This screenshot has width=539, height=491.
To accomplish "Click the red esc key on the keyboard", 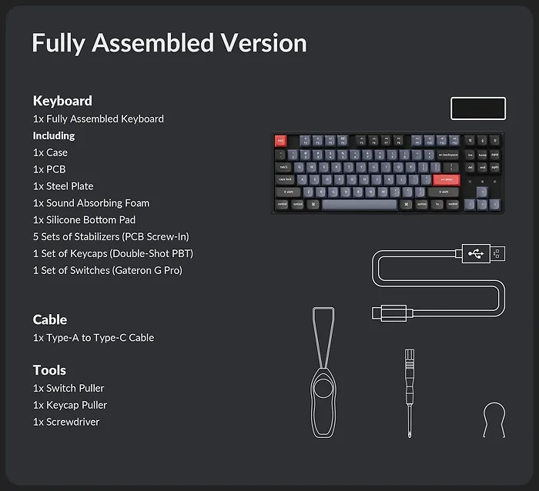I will (x=280, y=141).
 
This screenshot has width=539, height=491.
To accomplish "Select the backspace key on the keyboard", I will (x=447, y=155).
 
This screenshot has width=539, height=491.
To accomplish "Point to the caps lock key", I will (x=286, y=179).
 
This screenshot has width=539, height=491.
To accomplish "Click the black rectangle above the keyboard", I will (x=477, y=109).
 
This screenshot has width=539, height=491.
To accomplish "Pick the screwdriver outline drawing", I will (x=410, y=392).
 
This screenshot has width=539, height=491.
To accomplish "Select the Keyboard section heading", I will (x=62, y=101).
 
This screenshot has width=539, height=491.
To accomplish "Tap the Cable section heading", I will (x=50, y=319).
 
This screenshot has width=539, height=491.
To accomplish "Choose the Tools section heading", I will (x=49, y=370).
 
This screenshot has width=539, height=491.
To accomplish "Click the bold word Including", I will (x=54, y=135).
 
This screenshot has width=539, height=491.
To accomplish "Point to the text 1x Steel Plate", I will (x=63, y=186).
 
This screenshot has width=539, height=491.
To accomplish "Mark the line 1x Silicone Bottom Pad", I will (x=84, y=220).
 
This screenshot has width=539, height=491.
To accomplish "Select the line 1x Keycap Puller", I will (x=70, y=405).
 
